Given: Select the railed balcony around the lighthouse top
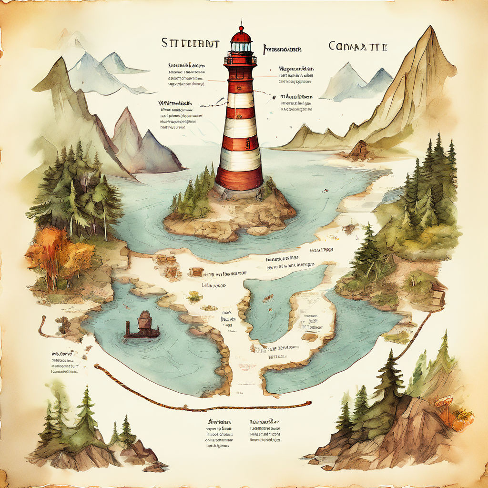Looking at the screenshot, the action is (x=240, y=60).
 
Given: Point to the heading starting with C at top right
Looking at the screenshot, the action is (x=358, y=46).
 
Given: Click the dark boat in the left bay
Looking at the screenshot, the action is (x=142, y=326).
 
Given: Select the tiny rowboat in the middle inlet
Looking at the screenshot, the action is (x=267, y=299).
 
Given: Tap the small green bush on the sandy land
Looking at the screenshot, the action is (x=194, y=297).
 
